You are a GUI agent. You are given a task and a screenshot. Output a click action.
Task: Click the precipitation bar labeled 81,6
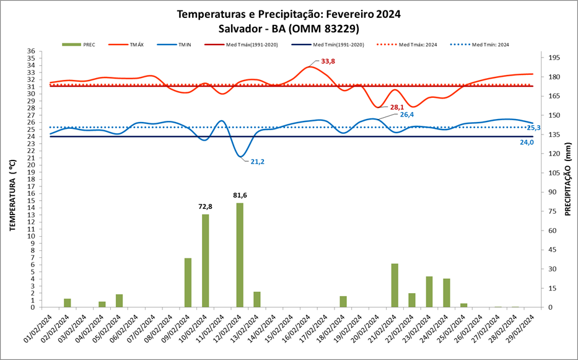tap(240, 255)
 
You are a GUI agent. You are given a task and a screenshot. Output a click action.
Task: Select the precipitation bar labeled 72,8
tap(205, 260)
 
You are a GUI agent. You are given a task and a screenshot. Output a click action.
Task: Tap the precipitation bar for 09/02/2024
tap(188, 283)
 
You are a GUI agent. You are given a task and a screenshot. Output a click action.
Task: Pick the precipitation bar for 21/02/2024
tap(395, 285)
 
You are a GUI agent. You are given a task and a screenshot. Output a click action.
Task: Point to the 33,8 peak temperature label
tap(328, 61)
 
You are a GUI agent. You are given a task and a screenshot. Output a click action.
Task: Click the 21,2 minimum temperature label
tap(258, 162)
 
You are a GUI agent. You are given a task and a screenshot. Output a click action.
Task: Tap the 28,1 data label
tap(397, 107)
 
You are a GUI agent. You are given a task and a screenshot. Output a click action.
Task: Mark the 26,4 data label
tap(407, 115)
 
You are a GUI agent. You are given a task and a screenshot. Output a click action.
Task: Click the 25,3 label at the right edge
tap(533, 128)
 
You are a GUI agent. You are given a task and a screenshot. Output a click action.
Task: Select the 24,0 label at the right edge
tap(526, 142)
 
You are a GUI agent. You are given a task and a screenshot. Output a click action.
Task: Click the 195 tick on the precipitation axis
tap(554, 58)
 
